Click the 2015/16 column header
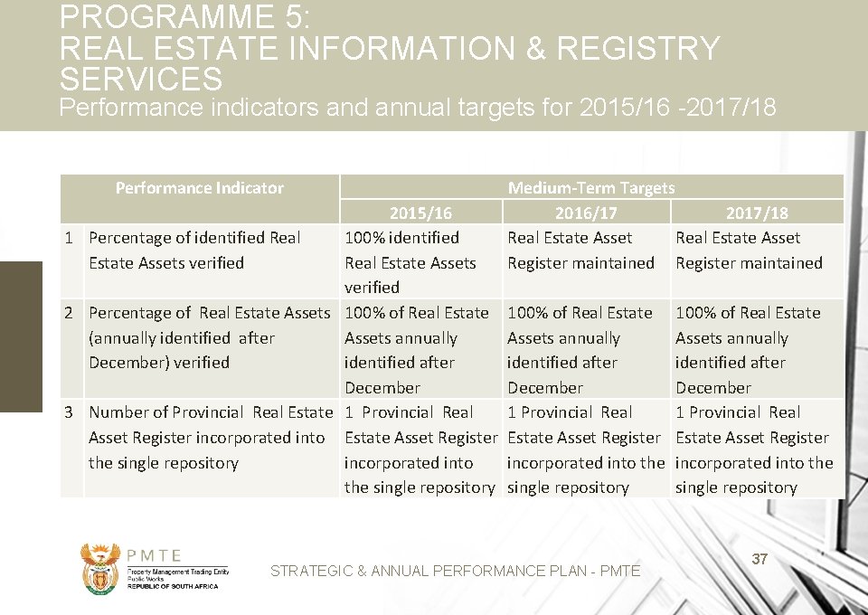(x=420, y=213)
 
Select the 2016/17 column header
(x=586, y=213)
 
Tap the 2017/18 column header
(x=757, y=213)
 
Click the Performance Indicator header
(x=199, y=188)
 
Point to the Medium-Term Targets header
(x=591, y=188)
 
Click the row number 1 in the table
(x=69, y=238)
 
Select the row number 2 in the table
(x=69, y=313)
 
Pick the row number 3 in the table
(x=69, y=412)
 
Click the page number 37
(x=759, y=559)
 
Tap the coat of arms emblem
(x=99, y=567)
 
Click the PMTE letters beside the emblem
(x=155, y=556)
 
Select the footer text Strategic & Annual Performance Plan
(x=455, y=571)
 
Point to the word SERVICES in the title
(x=140, y=79)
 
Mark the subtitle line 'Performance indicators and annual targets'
(x=417, y=109)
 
